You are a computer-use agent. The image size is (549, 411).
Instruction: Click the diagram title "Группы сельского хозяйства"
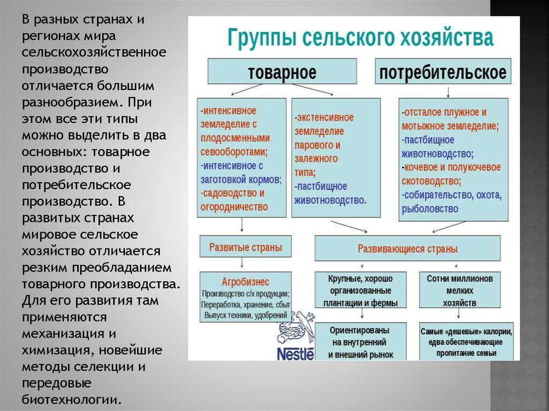pyautogui.click(x=361, y=39)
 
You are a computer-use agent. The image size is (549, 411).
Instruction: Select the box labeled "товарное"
pyautogui.click(x=281, y=72)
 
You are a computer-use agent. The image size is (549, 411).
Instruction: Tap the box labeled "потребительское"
pyautogui.click(x=442, y=72)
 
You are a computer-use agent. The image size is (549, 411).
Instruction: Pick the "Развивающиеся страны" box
pyautogui.click(x=407, y=249)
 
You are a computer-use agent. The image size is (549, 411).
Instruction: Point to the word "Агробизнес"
pyautogui.click(x=246, y=281)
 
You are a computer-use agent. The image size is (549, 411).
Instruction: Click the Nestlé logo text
pyautogui.click(x=295, y=354)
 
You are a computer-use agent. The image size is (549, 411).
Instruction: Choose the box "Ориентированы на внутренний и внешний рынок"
pyautogui.click(x=360, y=342)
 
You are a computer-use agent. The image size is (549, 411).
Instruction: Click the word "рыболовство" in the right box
pyautogui.click(x=430, y=208)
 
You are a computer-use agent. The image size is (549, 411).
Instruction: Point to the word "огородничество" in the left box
pyautogui.click(x=234, y=206)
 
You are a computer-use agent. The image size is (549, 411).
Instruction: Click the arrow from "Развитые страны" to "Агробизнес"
pyautogui.click(x=242, y=263)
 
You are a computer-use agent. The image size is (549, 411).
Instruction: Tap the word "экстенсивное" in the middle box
pyautogui.click(x=325, y=117)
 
